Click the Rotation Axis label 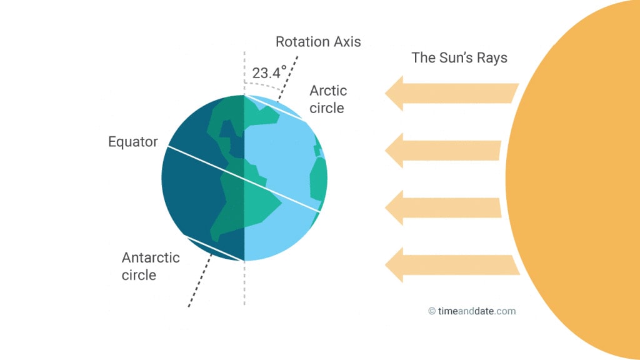[x=318, y=42]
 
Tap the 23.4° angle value [x=269, y=72]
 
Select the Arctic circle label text [x=327, y=99]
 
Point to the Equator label [x=132, y=142]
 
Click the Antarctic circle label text [x=151, y=266]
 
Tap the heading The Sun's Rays [x=459, y=57]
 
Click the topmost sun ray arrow [x=452, y=94]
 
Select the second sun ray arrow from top [x=443, y=151]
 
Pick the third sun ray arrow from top [x=443, y=207]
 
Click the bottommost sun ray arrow [x=452, y=265]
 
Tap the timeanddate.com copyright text [x=472, y=311]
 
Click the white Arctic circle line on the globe [x=274, y=107]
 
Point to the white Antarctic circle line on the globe [x=214, y=248]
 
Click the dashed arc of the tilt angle [x=263, y=85]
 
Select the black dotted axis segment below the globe [x=200, y=280]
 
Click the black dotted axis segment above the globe [x=288, y=78]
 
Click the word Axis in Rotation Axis [x=347, y=42]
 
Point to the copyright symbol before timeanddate [x=432, y=311]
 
